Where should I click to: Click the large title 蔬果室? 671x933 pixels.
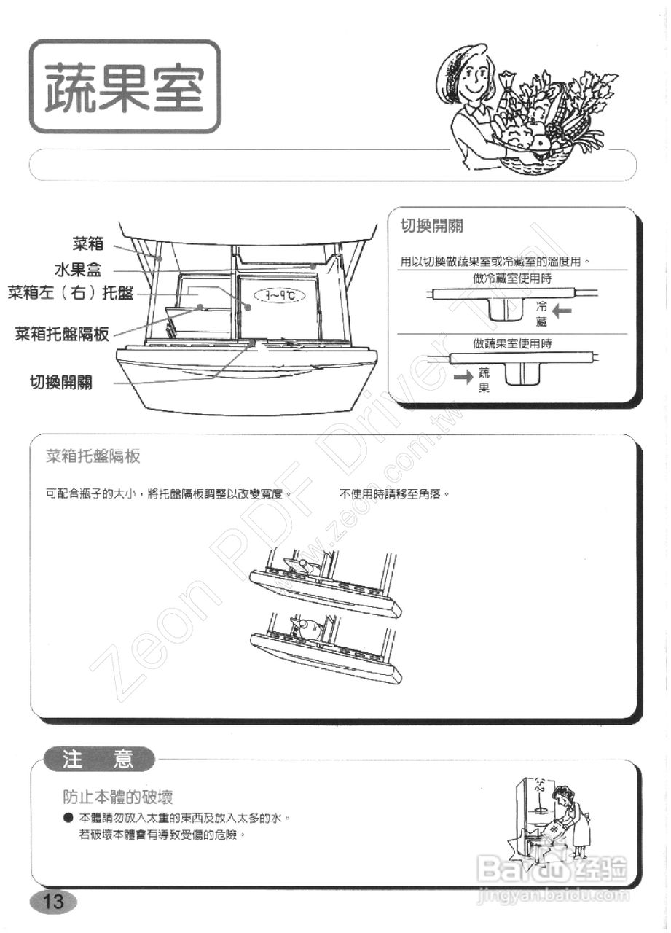[124, 87]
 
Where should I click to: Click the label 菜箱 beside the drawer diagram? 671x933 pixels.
[88, 244]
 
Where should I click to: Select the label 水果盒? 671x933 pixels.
[77, 270]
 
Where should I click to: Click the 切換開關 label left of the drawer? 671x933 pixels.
[61, 383]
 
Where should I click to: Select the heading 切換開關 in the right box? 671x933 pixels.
[433, 226]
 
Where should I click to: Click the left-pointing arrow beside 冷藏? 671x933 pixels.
[563, 312]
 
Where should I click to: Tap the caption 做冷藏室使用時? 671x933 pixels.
[511, 278]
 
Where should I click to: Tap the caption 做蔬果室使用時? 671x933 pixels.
[511, 343]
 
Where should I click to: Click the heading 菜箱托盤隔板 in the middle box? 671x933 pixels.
[93, 457]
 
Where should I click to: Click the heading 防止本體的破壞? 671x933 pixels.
[117, 797]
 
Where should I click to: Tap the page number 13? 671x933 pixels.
[53, 901]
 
